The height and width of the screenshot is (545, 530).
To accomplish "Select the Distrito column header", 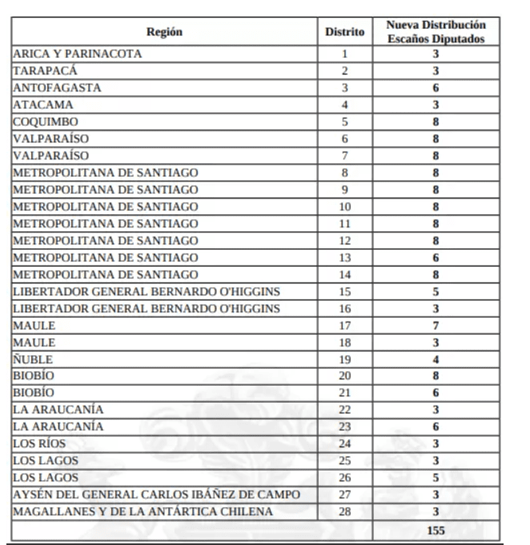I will pyautogui.click(x=345, y=33).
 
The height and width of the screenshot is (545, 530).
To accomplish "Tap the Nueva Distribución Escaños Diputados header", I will pyautogui.click(x=436, y=33).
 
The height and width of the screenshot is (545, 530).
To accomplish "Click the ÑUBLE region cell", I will pyautogui.click(x=33, y=359).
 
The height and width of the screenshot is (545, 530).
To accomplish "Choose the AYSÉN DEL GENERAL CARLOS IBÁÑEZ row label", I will pyautogui.click(x=156, y=493).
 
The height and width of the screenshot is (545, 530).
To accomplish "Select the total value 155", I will pyautogui.click(x=436, y=529).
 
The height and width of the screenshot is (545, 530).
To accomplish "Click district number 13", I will pyautogui.click(x=345, y=257).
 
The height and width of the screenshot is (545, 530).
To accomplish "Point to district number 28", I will pyautogui.click(x=345, y=511).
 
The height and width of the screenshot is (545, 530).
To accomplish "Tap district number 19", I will pyautogui.click(x=345, y=359).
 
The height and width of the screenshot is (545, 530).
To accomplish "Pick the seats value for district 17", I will pyautogui.click(x=436, y=325).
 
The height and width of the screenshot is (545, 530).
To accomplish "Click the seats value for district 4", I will pyautogui.click(x=436, y=105).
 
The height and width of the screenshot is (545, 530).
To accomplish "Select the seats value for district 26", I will pyautogui.click(x=436, y=476).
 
